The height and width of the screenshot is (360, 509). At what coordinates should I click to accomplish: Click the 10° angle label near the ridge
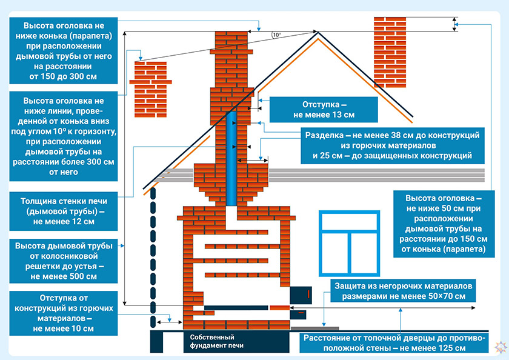coord(276,35)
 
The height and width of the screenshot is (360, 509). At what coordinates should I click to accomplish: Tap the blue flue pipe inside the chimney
coord(231,158)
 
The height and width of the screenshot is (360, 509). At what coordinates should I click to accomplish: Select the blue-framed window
coord(349,244)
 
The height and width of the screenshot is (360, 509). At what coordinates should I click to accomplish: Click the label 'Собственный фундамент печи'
coord(216,341)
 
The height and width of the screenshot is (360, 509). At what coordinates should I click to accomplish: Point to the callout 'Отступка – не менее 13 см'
coord(324,110)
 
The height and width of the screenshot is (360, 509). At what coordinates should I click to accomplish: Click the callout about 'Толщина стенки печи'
coord(64,212)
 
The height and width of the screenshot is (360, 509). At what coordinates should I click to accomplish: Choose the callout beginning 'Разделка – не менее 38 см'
coord(393,145)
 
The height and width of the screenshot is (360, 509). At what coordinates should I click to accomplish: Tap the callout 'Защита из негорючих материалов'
coord(403,291)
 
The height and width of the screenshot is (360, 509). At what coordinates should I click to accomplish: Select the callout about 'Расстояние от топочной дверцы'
coord(394,343)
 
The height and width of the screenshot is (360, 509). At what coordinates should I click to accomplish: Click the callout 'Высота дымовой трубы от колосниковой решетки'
coord(64,261)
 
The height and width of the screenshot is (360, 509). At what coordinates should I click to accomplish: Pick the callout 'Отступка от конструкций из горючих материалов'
coord(64,313)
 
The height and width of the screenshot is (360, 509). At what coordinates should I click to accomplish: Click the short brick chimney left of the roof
coord(151,89)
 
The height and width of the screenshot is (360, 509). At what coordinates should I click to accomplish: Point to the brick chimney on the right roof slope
coord(390,52)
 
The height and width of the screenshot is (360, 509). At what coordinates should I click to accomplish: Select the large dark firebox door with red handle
coord(301,295)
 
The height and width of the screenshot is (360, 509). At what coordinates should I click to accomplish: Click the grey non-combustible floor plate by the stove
coord(314,328)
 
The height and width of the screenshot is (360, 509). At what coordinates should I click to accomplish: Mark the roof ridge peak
coord(318,32)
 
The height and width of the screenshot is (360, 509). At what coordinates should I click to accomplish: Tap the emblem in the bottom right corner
coord(501,347)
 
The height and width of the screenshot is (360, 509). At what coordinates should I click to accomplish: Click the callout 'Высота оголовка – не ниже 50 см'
coord(444,224)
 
